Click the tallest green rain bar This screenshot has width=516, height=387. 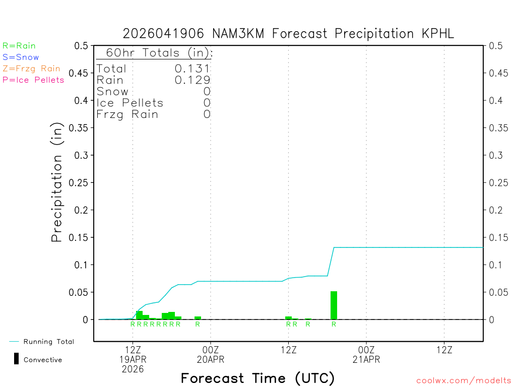point(334,305)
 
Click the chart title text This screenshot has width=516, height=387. point(289,34)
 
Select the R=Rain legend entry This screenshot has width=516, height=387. point(19,46)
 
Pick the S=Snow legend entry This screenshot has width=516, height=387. point(21,57)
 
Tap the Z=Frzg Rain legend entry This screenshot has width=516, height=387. point(31,69)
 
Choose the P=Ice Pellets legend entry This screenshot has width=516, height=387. point(33,80)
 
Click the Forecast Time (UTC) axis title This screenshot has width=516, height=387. point(257,378)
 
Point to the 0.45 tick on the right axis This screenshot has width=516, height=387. point(496,73)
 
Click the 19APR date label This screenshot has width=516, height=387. point(133,360)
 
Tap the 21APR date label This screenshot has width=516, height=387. point(366,360)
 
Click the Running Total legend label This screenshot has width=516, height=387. point(49,342)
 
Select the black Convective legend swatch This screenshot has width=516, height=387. point(16,359)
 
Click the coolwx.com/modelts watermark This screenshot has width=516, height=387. point(464,381)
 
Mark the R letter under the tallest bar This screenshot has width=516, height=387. point(334,324)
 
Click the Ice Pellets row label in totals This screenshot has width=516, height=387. point(130,103)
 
